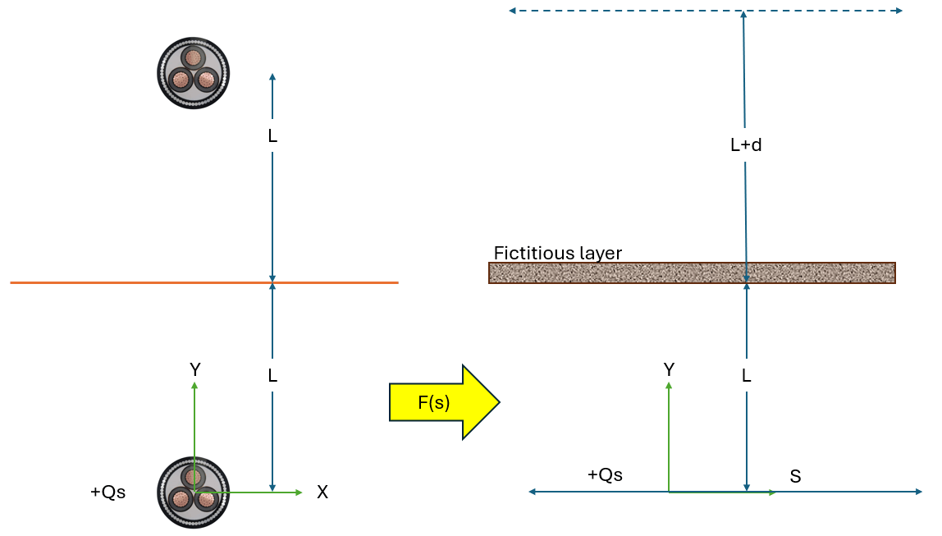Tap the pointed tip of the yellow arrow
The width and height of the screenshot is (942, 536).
click(497, 402)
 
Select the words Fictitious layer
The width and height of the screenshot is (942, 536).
click(557, 253)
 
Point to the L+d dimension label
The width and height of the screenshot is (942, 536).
click(746, 145)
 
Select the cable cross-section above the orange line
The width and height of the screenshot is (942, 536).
click(193, 73)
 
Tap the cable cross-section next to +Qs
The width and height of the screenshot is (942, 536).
click(193, 492)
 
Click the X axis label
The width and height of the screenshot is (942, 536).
click(322, 492)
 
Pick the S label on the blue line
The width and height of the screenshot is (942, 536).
click(795, 476)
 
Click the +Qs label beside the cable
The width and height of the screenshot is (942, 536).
click(107, 492)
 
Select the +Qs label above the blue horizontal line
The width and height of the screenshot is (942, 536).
click(605, 474)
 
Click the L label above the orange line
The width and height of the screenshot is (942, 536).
click(272, 136)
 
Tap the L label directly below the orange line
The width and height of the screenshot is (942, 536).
click(272, 376)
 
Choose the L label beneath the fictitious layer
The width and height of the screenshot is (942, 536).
click(746, 376)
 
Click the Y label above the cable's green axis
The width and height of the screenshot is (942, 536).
click(194, 370)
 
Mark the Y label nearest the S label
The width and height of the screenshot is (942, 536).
click(669, 370)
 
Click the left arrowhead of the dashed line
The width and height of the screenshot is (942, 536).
click(512, 11)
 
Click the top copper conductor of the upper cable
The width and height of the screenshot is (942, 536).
click(194, 58)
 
